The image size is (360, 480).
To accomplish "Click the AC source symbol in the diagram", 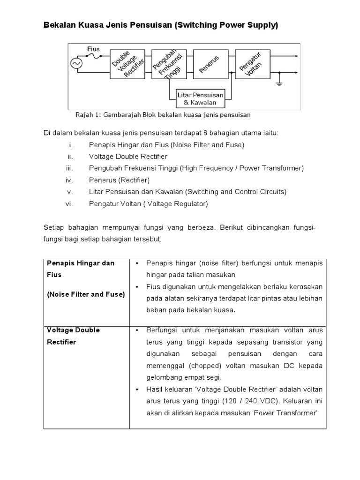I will (75, 64).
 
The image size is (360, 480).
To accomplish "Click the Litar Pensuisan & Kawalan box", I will (201, 98).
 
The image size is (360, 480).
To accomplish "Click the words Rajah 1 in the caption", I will (87, 114).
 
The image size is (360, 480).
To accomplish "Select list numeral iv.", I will (70, 180).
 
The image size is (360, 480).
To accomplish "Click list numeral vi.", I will (70, 204).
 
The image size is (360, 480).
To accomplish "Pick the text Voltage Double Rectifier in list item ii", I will (128, 156).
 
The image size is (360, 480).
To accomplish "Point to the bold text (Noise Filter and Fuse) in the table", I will (86, 294).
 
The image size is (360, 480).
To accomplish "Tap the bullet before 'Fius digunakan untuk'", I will (136, 286).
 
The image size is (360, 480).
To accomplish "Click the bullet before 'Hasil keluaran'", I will (136, 389).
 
